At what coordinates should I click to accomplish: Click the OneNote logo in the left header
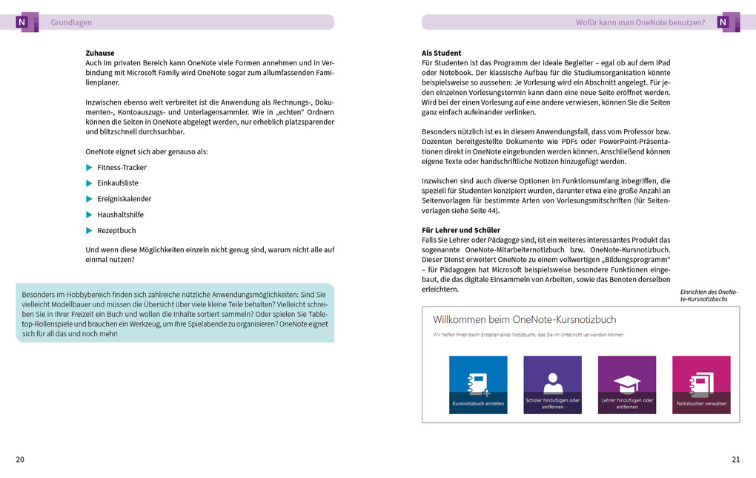point(25,22)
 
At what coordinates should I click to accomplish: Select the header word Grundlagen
point(71,23)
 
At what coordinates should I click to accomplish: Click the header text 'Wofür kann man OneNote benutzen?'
point(640,23)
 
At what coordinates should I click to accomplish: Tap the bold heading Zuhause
point(100,53)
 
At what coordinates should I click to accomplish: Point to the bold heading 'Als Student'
point(442,53)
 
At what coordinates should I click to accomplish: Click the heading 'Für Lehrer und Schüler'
point(461,230)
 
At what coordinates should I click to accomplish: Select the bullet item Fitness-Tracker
point(122,168)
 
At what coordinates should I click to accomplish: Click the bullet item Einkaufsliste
point(117,183)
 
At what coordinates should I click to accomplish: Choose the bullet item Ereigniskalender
point(124,199)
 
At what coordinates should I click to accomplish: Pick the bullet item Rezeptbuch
point(116,231)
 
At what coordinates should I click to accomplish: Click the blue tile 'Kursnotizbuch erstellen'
point(478,384)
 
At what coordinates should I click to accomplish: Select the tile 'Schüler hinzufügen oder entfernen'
point(552,384)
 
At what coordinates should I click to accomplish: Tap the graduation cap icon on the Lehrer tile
point(626,382)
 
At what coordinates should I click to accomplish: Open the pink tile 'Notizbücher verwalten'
point(701,384)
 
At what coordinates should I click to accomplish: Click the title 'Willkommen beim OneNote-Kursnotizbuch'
point(524,320)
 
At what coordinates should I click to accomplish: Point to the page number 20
point(20,459)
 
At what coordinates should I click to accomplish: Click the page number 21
point(735,459)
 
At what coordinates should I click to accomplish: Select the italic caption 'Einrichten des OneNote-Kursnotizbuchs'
point(709,295)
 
